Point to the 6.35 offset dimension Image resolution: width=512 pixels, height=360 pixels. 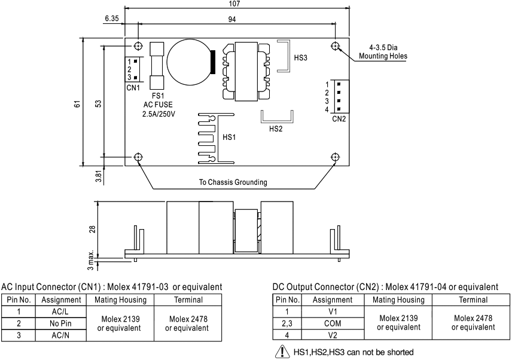[x=112, y=19]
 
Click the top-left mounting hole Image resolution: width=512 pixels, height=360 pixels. [x=139, y=46]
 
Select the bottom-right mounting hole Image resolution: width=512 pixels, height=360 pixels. [x=335, y=157]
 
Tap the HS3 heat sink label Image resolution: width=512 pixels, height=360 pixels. [x=301, y=58]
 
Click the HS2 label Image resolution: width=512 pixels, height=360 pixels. [x=276, y=128]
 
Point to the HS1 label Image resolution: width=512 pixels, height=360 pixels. [x=229, y=137]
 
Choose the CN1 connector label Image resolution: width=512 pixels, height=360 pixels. [x=133, y=87]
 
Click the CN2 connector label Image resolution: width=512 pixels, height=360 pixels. [x=339, y=118]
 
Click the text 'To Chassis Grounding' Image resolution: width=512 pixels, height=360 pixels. [x=233, y=182]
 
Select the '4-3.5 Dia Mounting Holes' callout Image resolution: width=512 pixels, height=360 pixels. [x=383, y=51]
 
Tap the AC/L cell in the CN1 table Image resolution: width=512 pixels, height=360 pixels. [x=61, y=312]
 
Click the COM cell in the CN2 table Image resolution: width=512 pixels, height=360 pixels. [x=333, y=323]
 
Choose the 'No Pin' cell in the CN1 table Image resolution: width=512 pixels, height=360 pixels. [x=61, y=323]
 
